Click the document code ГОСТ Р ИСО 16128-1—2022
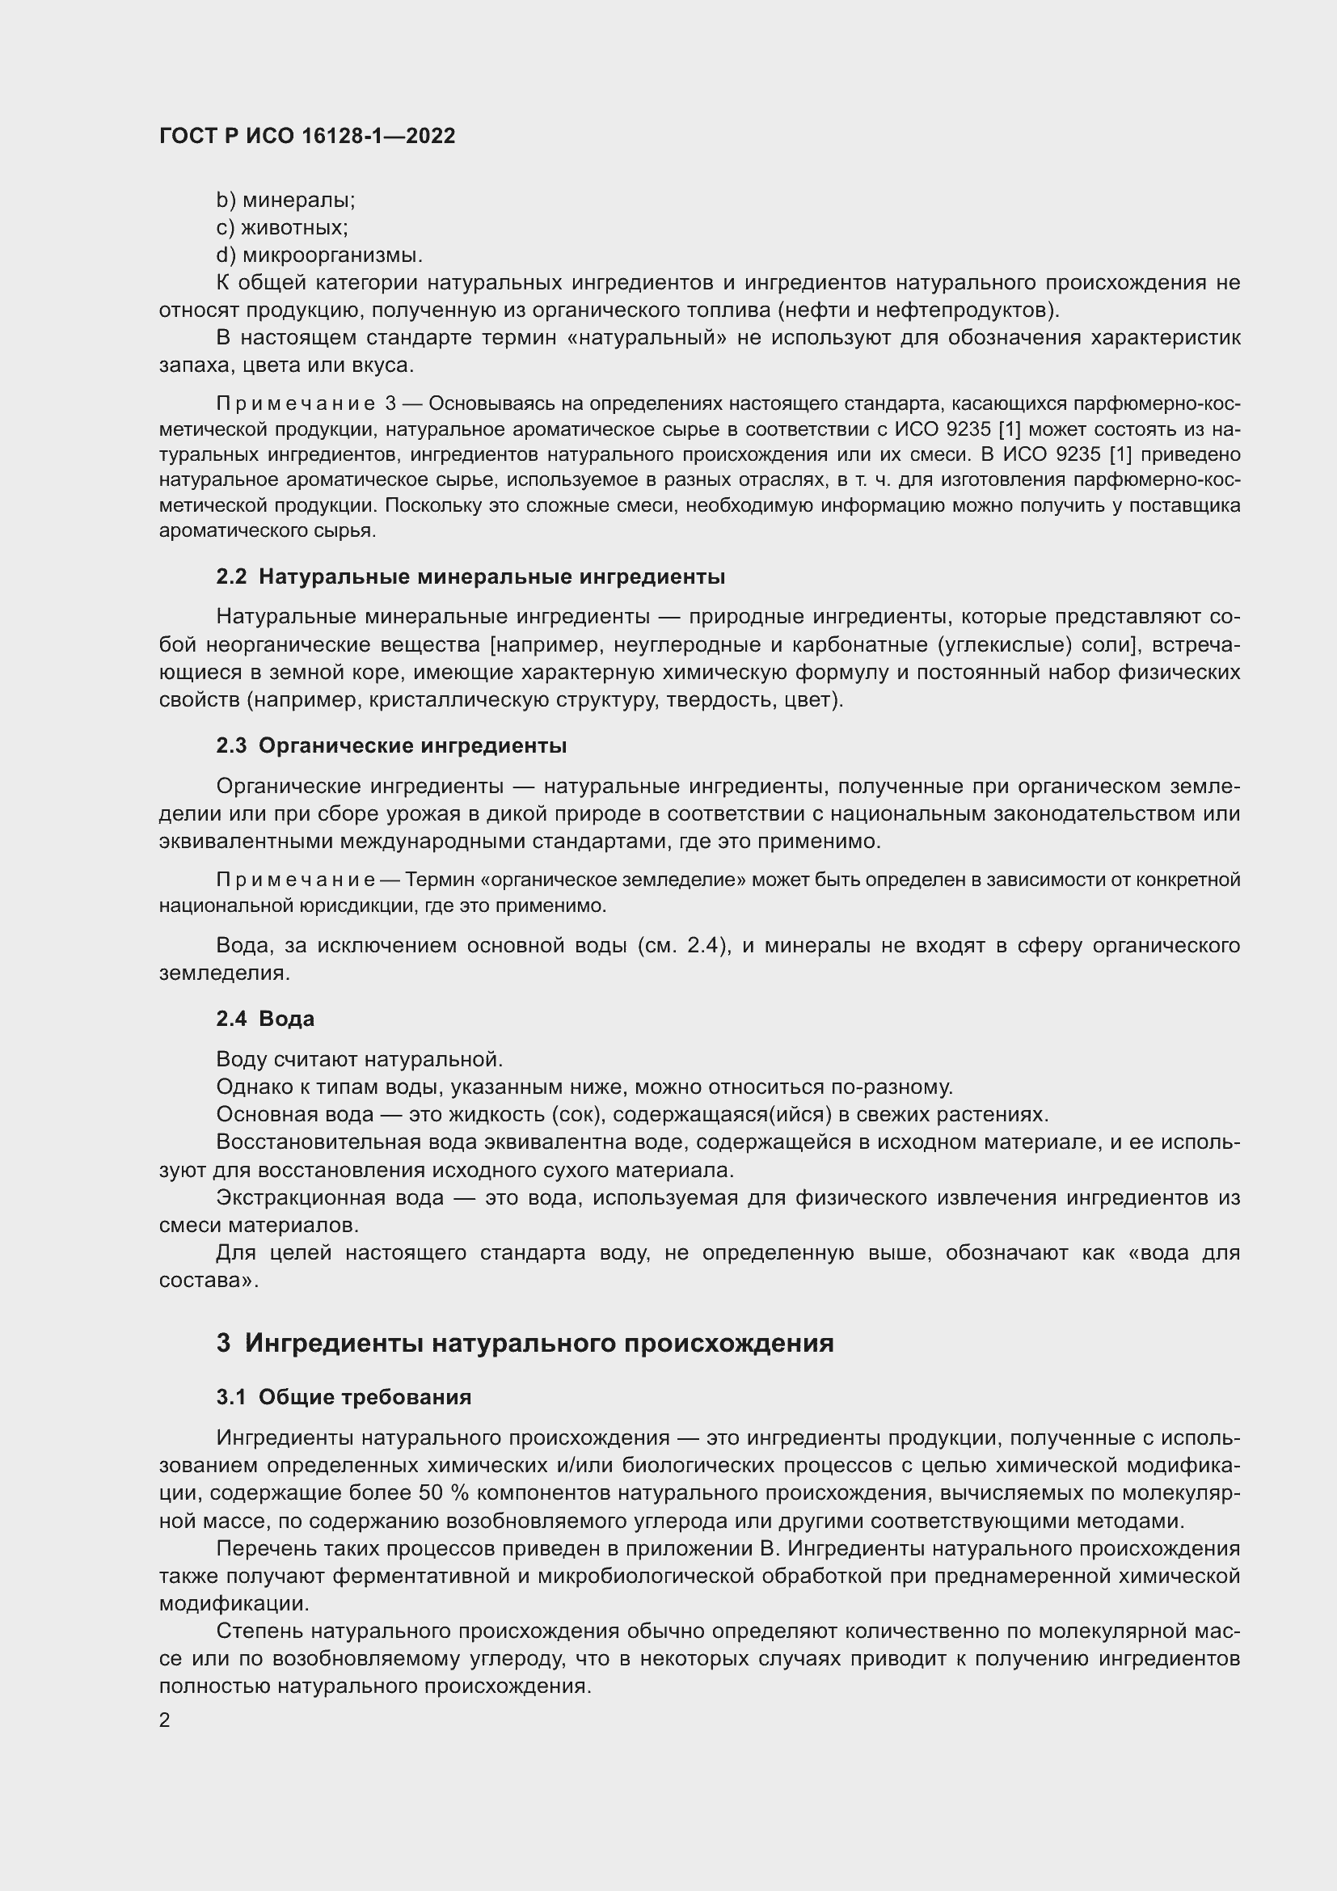[x=307, y=137]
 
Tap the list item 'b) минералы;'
[x=285, y=200]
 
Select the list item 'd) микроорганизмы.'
[x=319, y=255]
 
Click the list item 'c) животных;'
[x=281, y=227]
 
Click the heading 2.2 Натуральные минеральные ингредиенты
[x=470, y=576]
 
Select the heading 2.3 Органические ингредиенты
[x=391, y=745]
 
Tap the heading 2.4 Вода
[x=265, y=1018]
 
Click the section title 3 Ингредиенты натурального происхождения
[x=525, y=1344]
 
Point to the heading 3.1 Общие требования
[x=344, y=1397]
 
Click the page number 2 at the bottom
[x=165, y=1720]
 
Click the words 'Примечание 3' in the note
[x=306, y=403]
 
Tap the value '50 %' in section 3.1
[x=443, y=1492]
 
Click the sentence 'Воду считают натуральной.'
[x=359, y=1058]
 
